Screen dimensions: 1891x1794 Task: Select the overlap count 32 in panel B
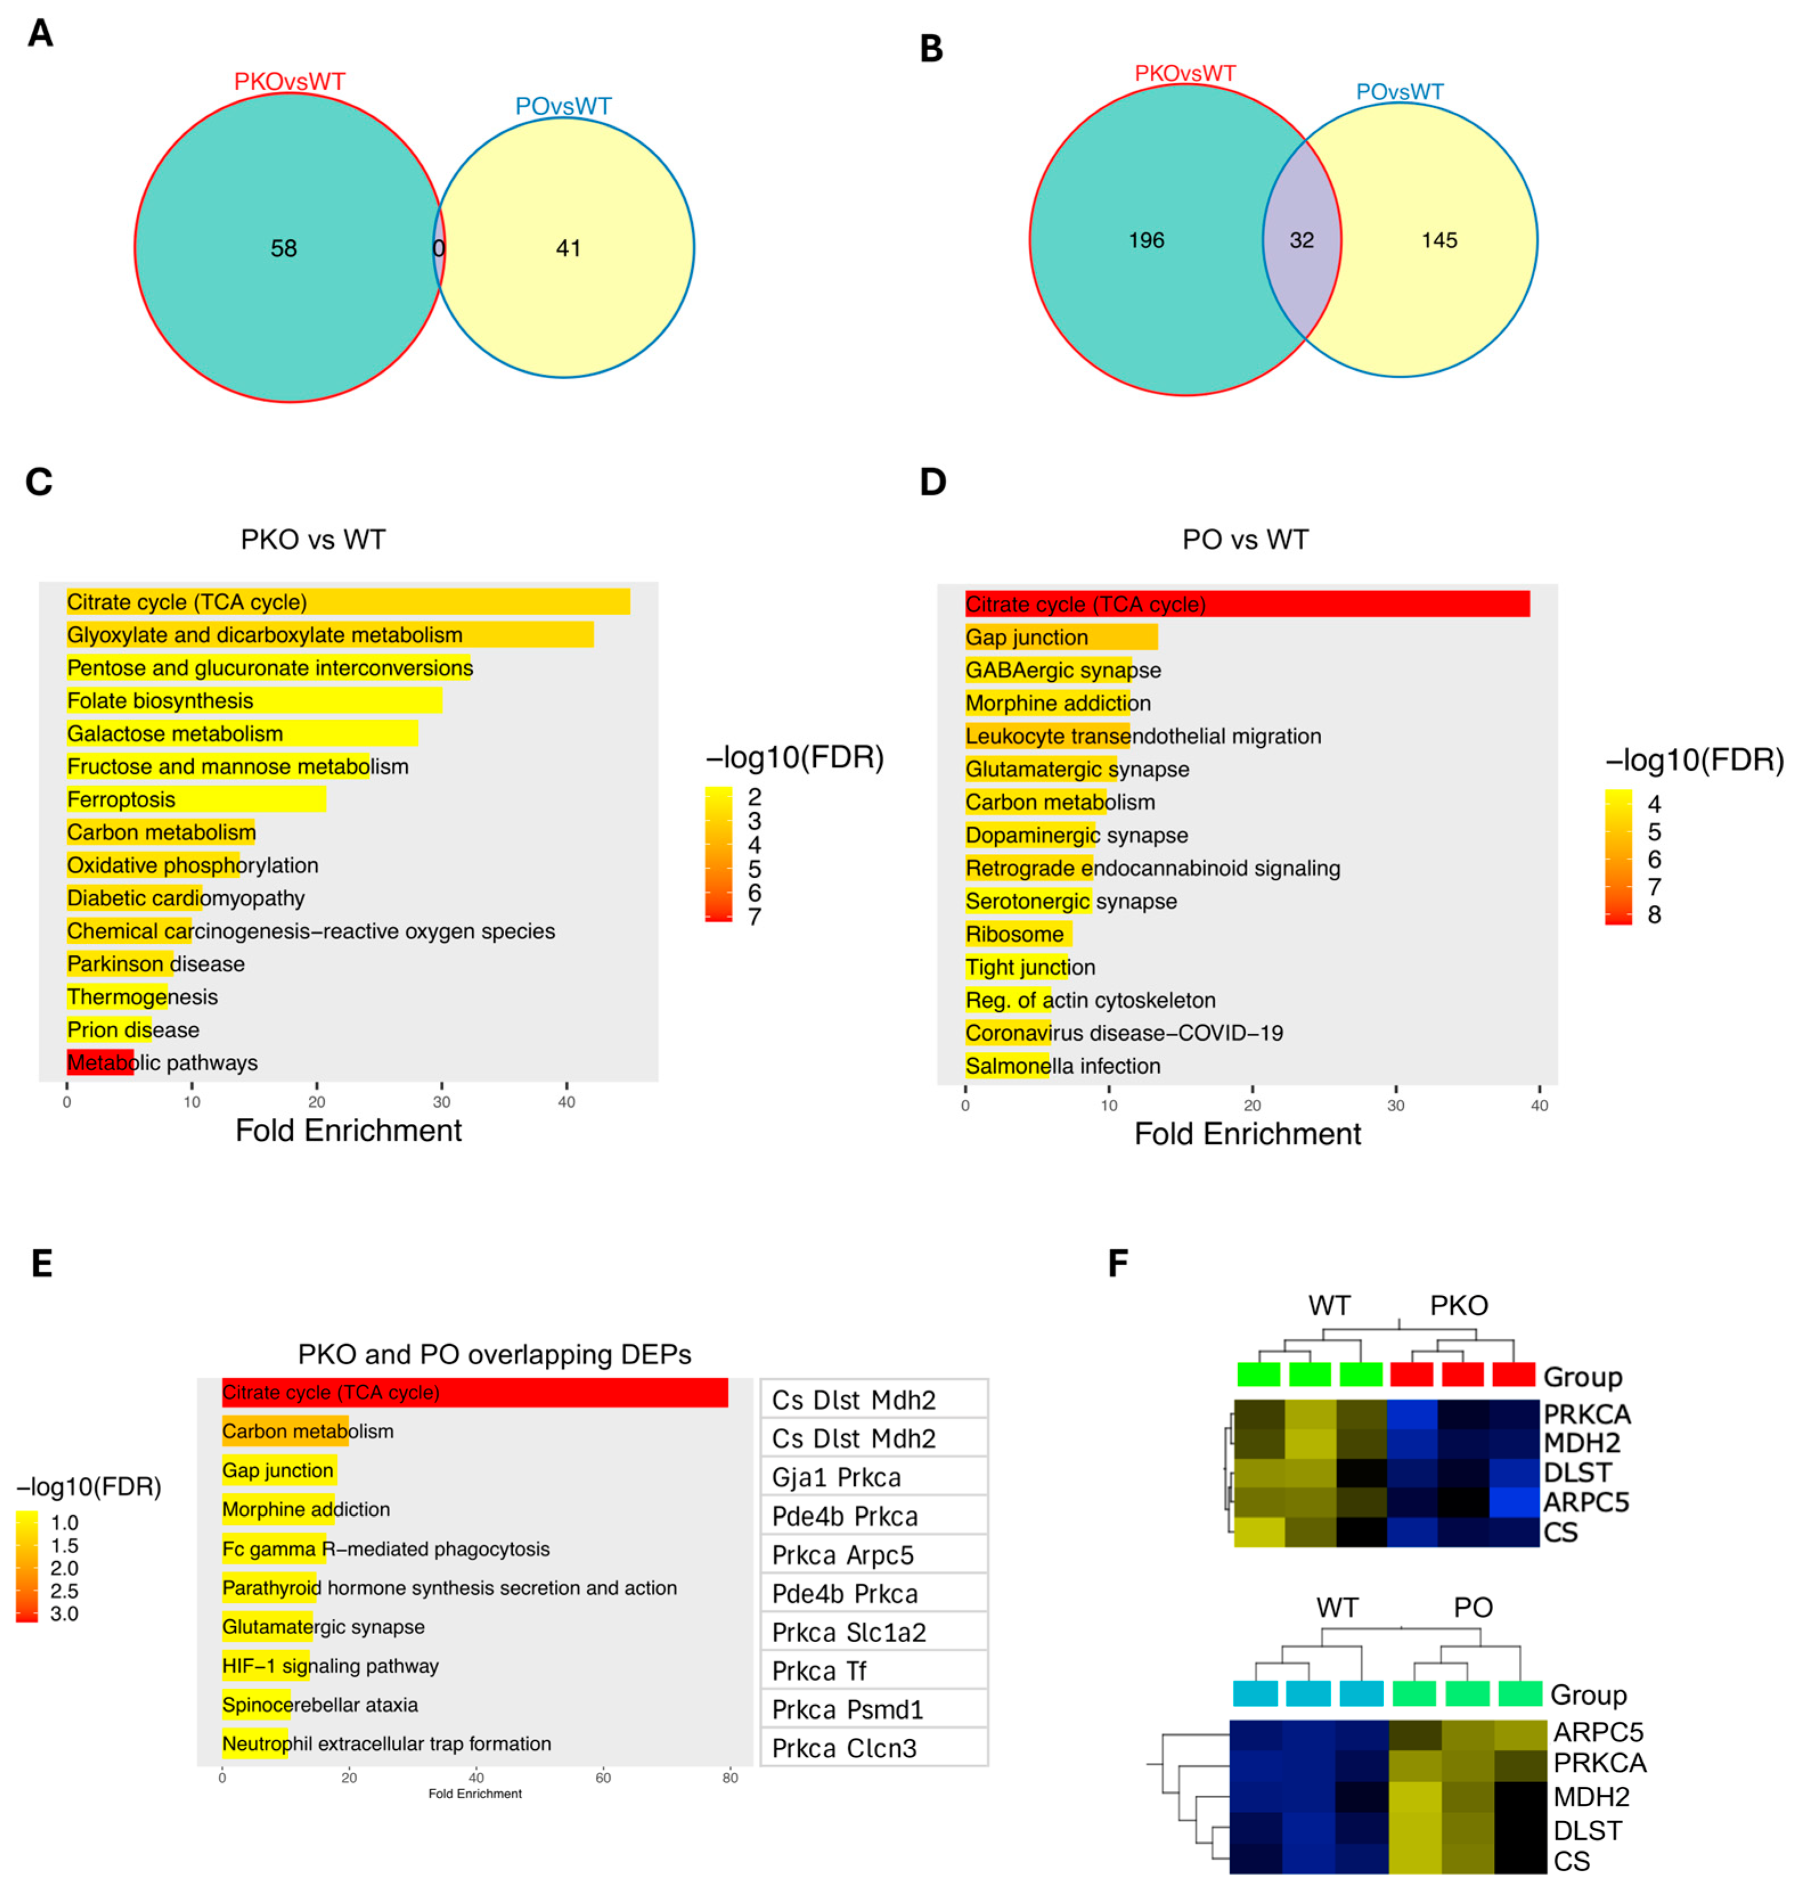click(1302, 240)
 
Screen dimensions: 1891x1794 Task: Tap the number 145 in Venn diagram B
click(1439, 240)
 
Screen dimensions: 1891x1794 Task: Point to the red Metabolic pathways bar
click(100, 1062)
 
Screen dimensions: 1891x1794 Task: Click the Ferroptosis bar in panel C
click(196, 799)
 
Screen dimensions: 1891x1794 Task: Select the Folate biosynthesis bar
click(254, 701)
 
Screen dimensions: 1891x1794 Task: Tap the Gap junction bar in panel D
click(1061, 637)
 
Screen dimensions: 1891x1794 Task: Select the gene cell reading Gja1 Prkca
click(874, 1477)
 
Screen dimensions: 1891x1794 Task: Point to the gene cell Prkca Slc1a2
click(874, 1632)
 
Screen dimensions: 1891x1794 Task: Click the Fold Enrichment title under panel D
click(1247, 1134)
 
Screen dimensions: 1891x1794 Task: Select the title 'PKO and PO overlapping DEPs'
click(495, 1354)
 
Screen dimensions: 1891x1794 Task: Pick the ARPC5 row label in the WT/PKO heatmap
click(1585, 1502)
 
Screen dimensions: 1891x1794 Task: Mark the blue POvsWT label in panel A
click(563, 106)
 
